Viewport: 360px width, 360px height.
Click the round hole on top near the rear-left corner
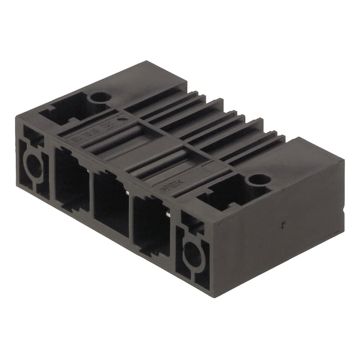click(x=100, y=97)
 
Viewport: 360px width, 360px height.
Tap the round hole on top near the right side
click(x=260, y=180)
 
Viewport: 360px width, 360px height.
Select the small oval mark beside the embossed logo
click(x=121, y=120)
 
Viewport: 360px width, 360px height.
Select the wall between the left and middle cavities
click(x=91, y=189)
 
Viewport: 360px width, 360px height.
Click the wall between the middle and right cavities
click(x=131, y=211)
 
